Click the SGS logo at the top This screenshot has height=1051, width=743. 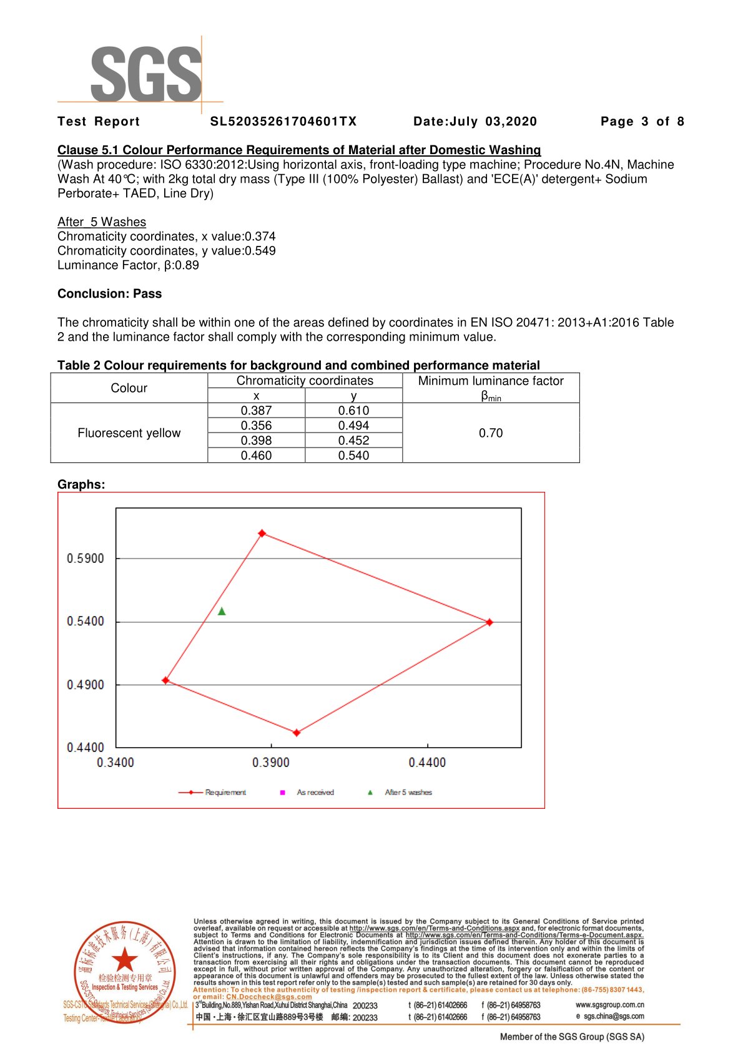pyautogui.click(x=146, y=74)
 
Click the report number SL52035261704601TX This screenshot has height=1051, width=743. pyautogui.click(x=283, y=122)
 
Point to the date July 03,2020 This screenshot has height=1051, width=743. pyautogui.click(x=475, y=122)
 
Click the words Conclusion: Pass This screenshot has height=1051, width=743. pyautogui.click(x=109, y=294)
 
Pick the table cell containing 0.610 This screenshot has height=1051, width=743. pyautogui.click(x=353, y=411)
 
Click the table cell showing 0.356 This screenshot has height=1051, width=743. pyautogui.click(x=256, y=426)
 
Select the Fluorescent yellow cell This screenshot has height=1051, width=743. pyautogui.click(x=129, y=433)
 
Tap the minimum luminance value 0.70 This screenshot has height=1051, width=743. pyautogui.click(x=491, y=433)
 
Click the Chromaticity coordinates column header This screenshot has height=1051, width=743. pyautogui.click(x=305, y=381)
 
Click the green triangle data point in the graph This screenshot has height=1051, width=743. pyautogui.click(x=222, y=612)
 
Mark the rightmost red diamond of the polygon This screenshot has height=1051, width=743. pyautogui.click(x=490, y=622)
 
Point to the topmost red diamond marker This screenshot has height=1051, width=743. pyautogui.click(x=262, y=534)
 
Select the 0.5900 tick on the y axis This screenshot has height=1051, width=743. pyautogui.click(x=86, y=559)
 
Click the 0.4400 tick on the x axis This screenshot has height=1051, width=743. pyautogui.click(x=427, y=763)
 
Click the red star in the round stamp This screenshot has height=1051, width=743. pyautogui.click(x=125, y=959)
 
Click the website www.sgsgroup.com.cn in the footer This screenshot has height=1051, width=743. pyautogui.click(x=609, y=1005)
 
